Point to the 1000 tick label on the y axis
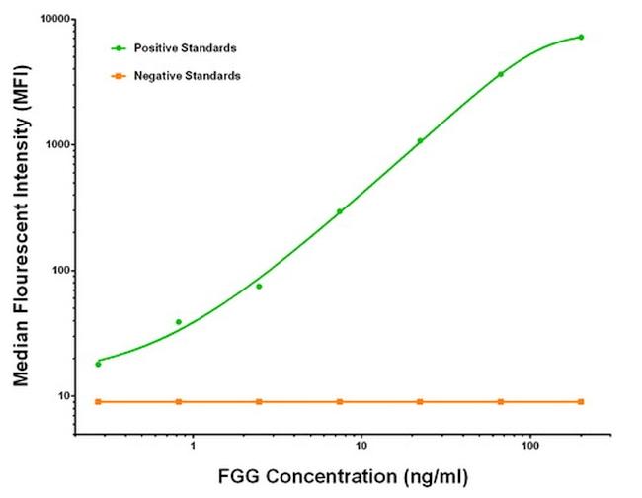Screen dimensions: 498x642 point(57,145)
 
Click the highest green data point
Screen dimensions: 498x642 point(581,37)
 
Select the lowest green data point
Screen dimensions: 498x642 point(98,364)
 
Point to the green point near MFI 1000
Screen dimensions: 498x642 point(420,141)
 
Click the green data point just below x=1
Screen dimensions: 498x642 point(179,322)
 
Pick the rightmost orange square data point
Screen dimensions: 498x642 point(581,401)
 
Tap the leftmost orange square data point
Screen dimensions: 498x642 point(98,401)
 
